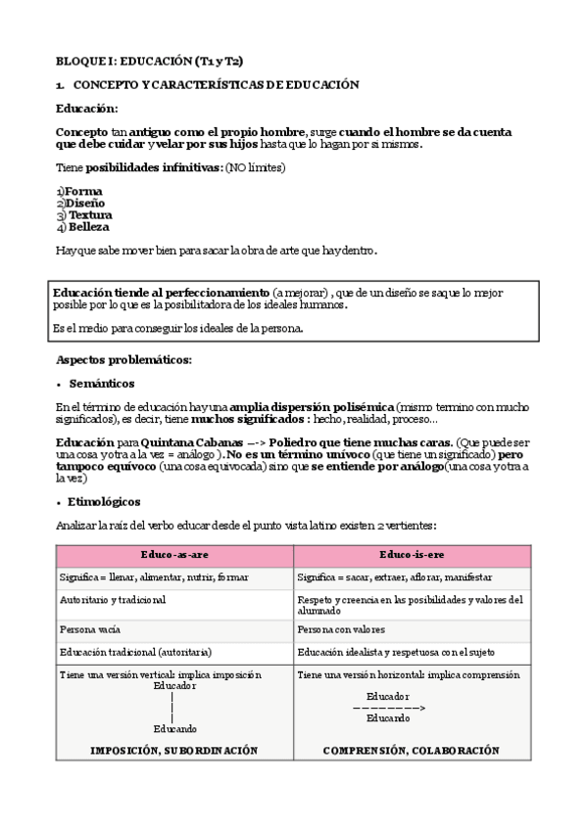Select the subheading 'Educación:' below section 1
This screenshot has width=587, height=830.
click(86, 108)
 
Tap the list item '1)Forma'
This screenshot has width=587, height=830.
click(79, 191)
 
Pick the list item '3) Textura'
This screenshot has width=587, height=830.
click(84, 214)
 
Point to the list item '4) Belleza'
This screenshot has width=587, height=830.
click(83, 227)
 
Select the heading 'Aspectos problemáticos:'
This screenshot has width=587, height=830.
click(123, 359)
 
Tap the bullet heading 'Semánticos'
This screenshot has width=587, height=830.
click(102, 383)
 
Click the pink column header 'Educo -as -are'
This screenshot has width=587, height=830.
click(174, 555)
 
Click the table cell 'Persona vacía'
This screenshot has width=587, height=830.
click(90, 629)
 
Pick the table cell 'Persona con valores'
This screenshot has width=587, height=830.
click(341, 629)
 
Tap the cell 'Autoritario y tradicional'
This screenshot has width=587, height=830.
click(113, 599)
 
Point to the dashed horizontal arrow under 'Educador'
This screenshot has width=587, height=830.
click(388, 706)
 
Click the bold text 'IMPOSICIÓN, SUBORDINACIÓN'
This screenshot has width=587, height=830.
click(174, 751)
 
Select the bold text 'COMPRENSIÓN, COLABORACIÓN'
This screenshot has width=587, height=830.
click(412, 751)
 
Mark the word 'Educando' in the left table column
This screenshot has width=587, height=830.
click(174, 729)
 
